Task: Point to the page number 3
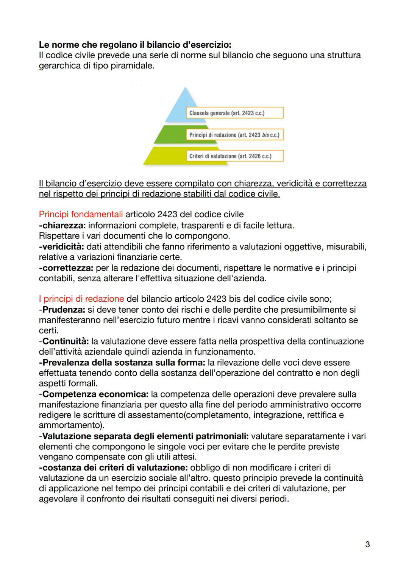pyautogui.click(x=367, y=545)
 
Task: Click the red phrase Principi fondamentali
pyautogui.click(x=81, y=215)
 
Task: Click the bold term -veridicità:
pyautogui.click(x=61, y=247)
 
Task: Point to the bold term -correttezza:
pyautogui.click(x=66, y=268)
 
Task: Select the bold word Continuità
pyautogui.click(x=66, y=341)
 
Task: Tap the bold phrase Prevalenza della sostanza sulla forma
pyautogui.click(x=122, y=363)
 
